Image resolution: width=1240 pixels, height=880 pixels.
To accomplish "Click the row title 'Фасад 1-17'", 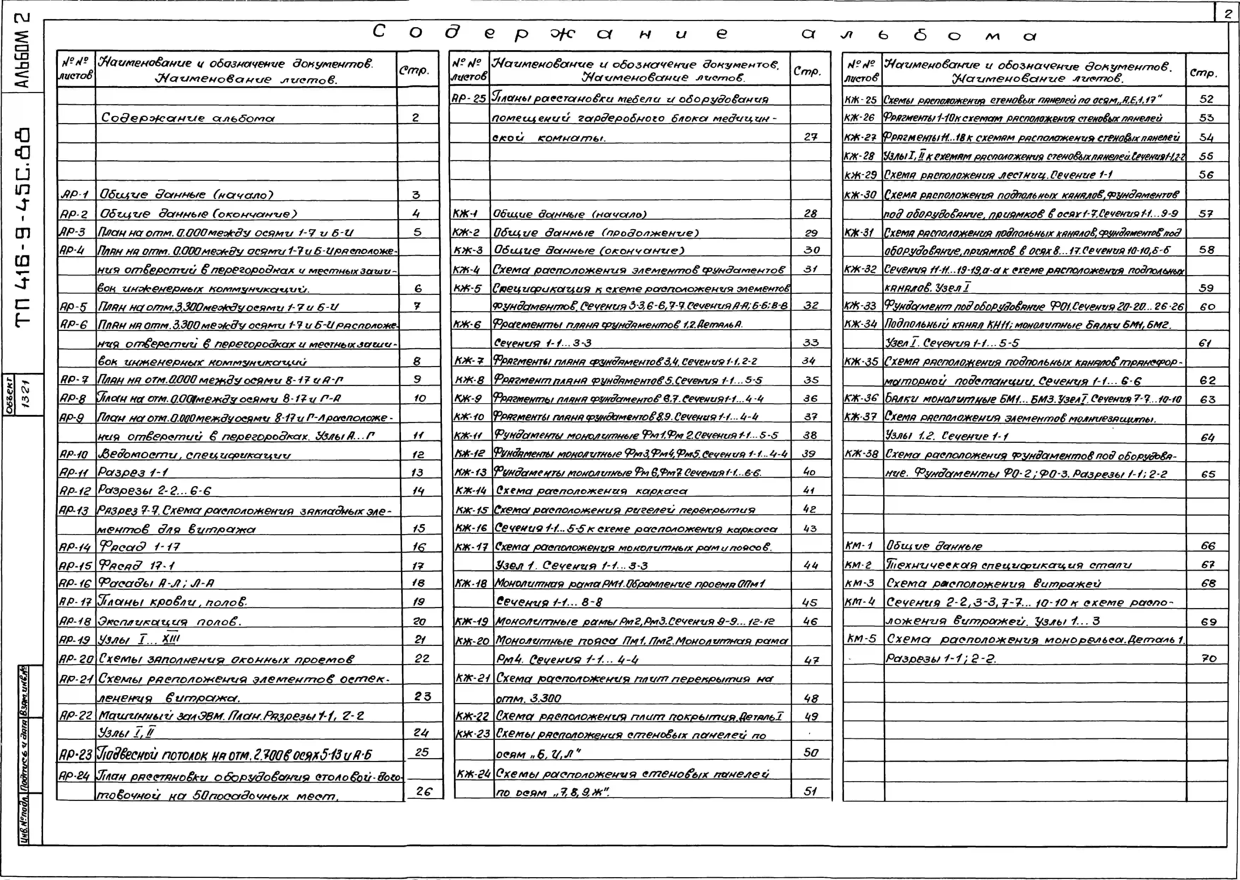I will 139,547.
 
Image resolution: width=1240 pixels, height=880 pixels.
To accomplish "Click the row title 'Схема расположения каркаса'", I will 591,491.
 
